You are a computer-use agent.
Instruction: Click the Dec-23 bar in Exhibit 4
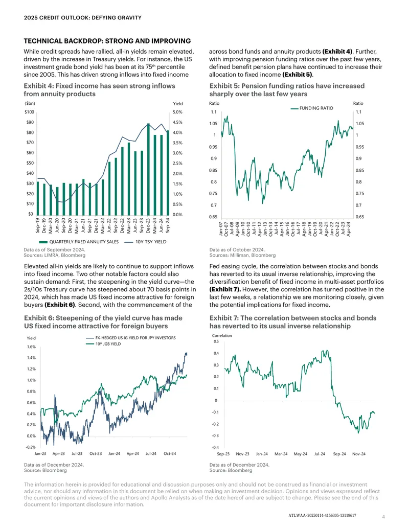[x=148, y=170]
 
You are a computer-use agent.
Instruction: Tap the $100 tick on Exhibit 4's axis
[x=29, y=112]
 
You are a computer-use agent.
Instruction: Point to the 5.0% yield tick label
[x=177, y=112]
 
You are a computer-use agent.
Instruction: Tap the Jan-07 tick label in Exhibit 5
[x=221, y=229]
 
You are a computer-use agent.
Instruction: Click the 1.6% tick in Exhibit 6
[x=31, y=347]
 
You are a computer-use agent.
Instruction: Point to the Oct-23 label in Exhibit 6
[x=96, y=454]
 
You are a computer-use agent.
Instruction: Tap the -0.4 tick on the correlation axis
[x=215, y=447]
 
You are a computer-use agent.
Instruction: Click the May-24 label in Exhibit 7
[x=300, y=454]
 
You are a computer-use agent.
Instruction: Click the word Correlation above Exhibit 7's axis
[x=222, y=336]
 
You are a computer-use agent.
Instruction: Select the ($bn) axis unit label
[x=30, y=104]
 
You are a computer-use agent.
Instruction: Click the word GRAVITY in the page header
[x=129, y=17]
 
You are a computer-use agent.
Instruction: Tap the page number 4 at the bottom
[x=383, y=517]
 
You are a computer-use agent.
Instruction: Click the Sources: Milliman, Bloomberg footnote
[x=243, y=256]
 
